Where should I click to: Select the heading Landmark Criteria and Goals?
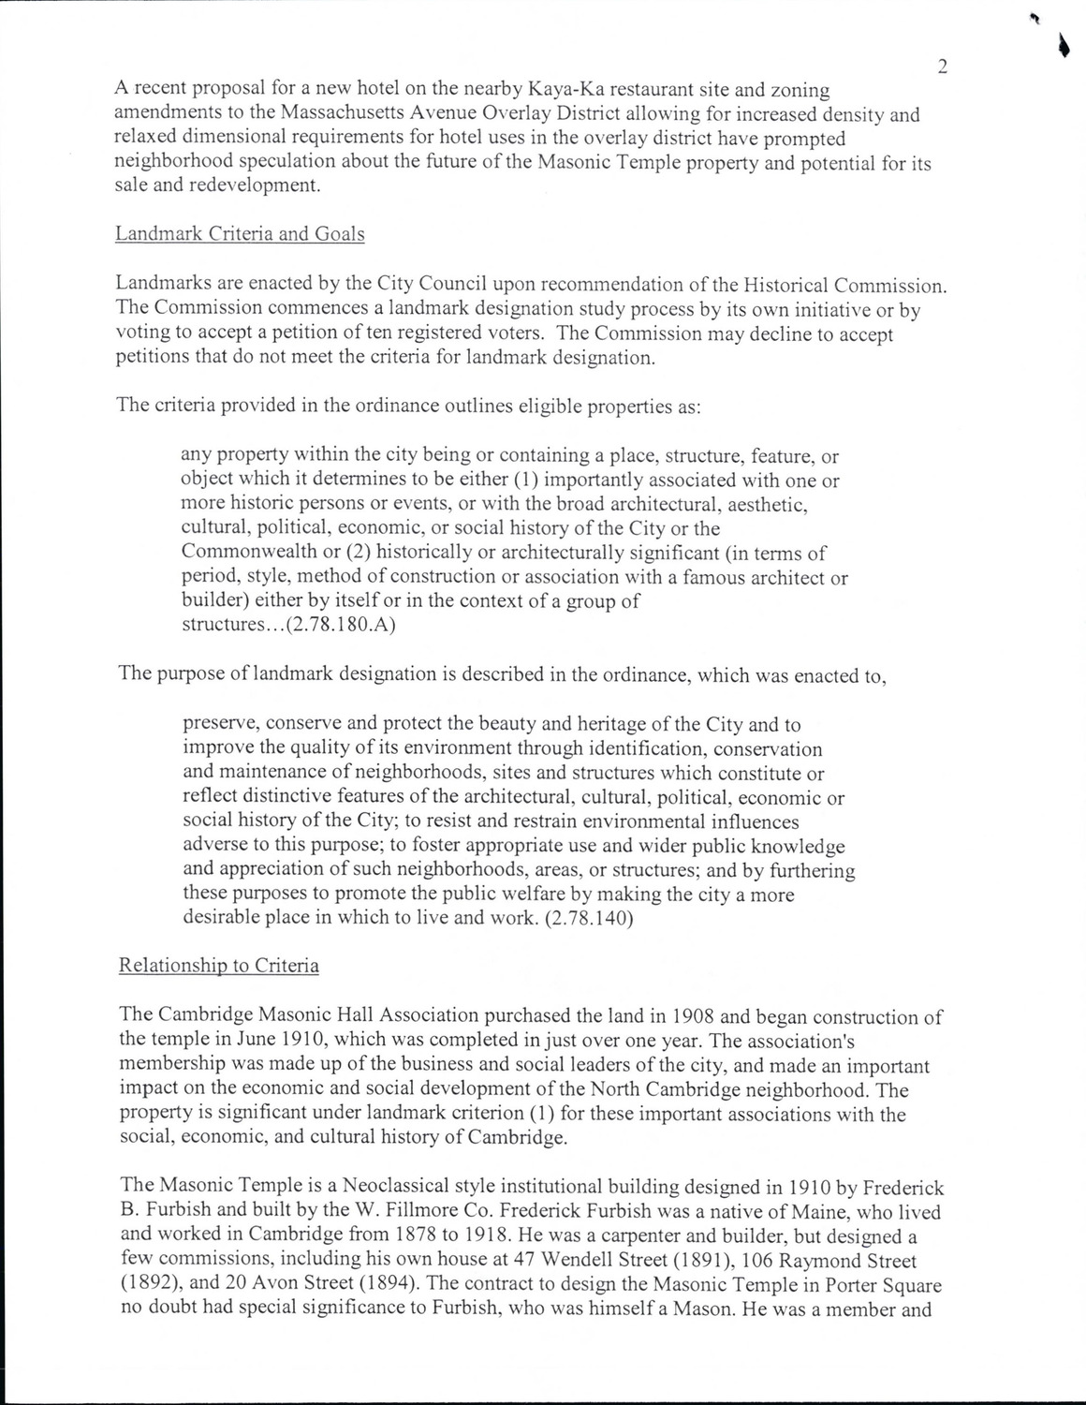tap(240, 234)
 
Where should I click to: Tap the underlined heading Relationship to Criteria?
tap(219, 966)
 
